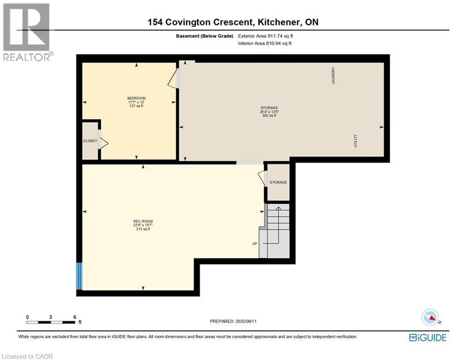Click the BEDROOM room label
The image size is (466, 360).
136,98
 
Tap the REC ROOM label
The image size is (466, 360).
143,221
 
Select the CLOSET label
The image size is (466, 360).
90,141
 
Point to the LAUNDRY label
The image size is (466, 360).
333,75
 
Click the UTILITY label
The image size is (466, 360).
355,141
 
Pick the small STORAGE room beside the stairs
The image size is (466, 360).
278,182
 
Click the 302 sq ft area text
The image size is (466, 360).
269,115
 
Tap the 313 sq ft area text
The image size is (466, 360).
143,229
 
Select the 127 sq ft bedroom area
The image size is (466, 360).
136,106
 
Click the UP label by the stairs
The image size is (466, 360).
255,243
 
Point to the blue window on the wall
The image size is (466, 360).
79,276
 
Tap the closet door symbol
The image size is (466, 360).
103,143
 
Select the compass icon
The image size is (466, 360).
430,317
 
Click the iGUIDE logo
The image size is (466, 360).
428,337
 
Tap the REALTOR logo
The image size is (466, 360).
27,32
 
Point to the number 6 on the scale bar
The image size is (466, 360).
74,317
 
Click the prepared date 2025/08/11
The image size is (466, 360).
246,321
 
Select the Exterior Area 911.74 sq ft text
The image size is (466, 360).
266,36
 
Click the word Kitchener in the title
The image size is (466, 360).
278,22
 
